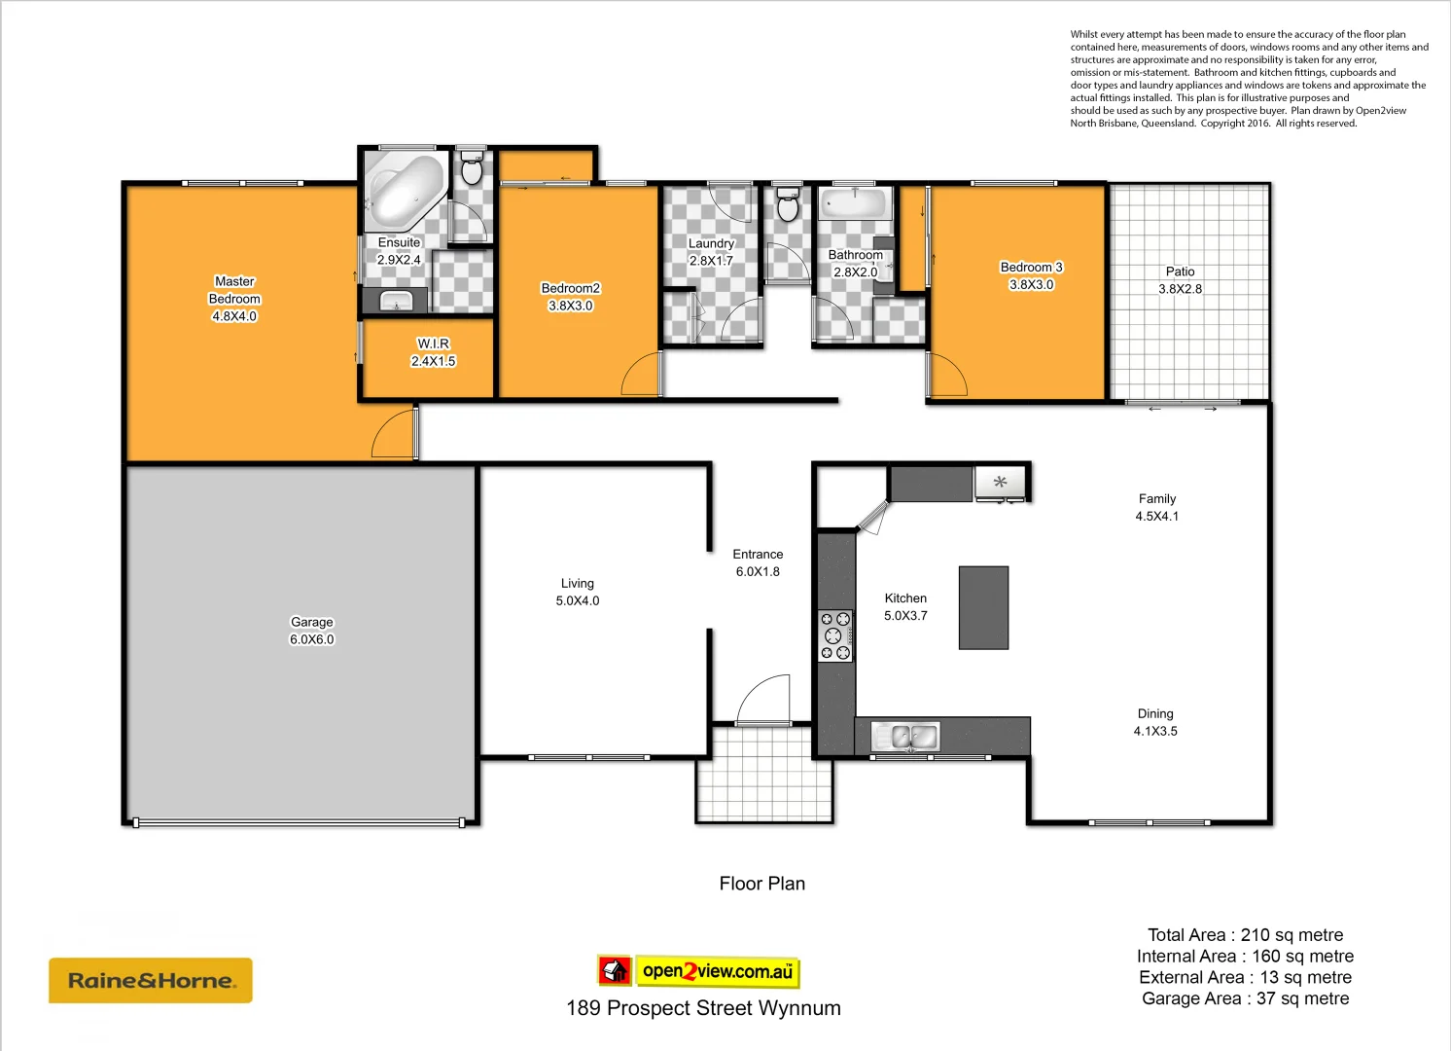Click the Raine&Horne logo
coord(151,981)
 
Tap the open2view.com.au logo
coord(699,971)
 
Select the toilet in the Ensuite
coord(472,168)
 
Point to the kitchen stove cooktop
coord(834,635)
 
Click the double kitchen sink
coord(904,737)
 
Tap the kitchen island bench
coord(983,607)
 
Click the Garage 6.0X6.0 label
coord(311,631)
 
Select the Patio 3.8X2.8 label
coord(1180,280)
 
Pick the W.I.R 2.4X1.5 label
coord(433,352)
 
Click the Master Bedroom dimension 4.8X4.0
coord(234,316)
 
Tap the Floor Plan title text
coord(761,884)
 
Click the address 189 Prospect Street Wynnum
coord(703,1008)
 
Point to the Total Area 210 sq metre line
coord(1245,935)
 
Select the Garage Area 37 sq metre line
coord(1245,998)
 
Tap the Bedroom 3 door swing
coord(947,375)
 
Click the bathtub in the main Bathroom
coord(855,204)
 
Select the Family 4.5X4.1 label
coord(1156,507)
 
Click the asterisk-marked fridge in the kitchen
coord(1000,483)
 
